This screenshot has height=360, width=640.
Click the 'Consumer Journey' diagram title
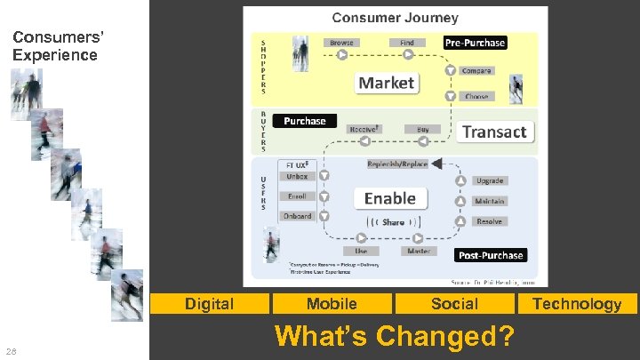395,17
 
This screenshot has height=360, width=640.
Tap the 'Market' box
386,83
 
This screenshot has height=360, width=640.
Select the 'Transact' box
494,132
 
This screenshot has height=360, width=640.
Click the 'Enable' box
390,198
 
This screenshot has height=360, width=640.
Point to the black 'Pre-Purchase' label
475,43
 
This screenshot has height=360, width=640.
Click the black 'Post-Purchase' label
490,255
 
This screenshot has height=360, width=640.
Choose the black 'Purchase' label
305,121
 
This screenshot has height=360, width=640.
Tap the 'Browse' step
341,43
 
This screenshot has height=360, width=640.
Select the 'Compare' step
476,70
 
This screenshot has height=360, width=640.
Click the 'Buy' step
422,130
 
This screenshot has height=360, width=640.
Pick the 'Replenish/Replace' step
397,164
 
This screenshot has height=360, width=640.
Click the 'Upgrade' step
489,181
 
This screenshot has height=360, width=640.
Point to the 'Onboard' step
297,216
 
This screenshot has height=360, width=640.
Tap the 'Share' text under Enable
393,222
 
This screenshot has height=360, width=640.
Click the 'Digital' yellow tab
209,304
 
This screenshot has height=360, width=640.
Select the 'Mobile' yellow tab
332,304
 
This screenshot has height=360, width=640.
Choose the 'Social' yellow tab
454,304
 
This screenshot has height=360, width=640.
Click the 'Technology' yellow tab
577,304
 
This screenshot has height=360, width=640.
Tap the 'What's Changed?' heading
395,337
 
